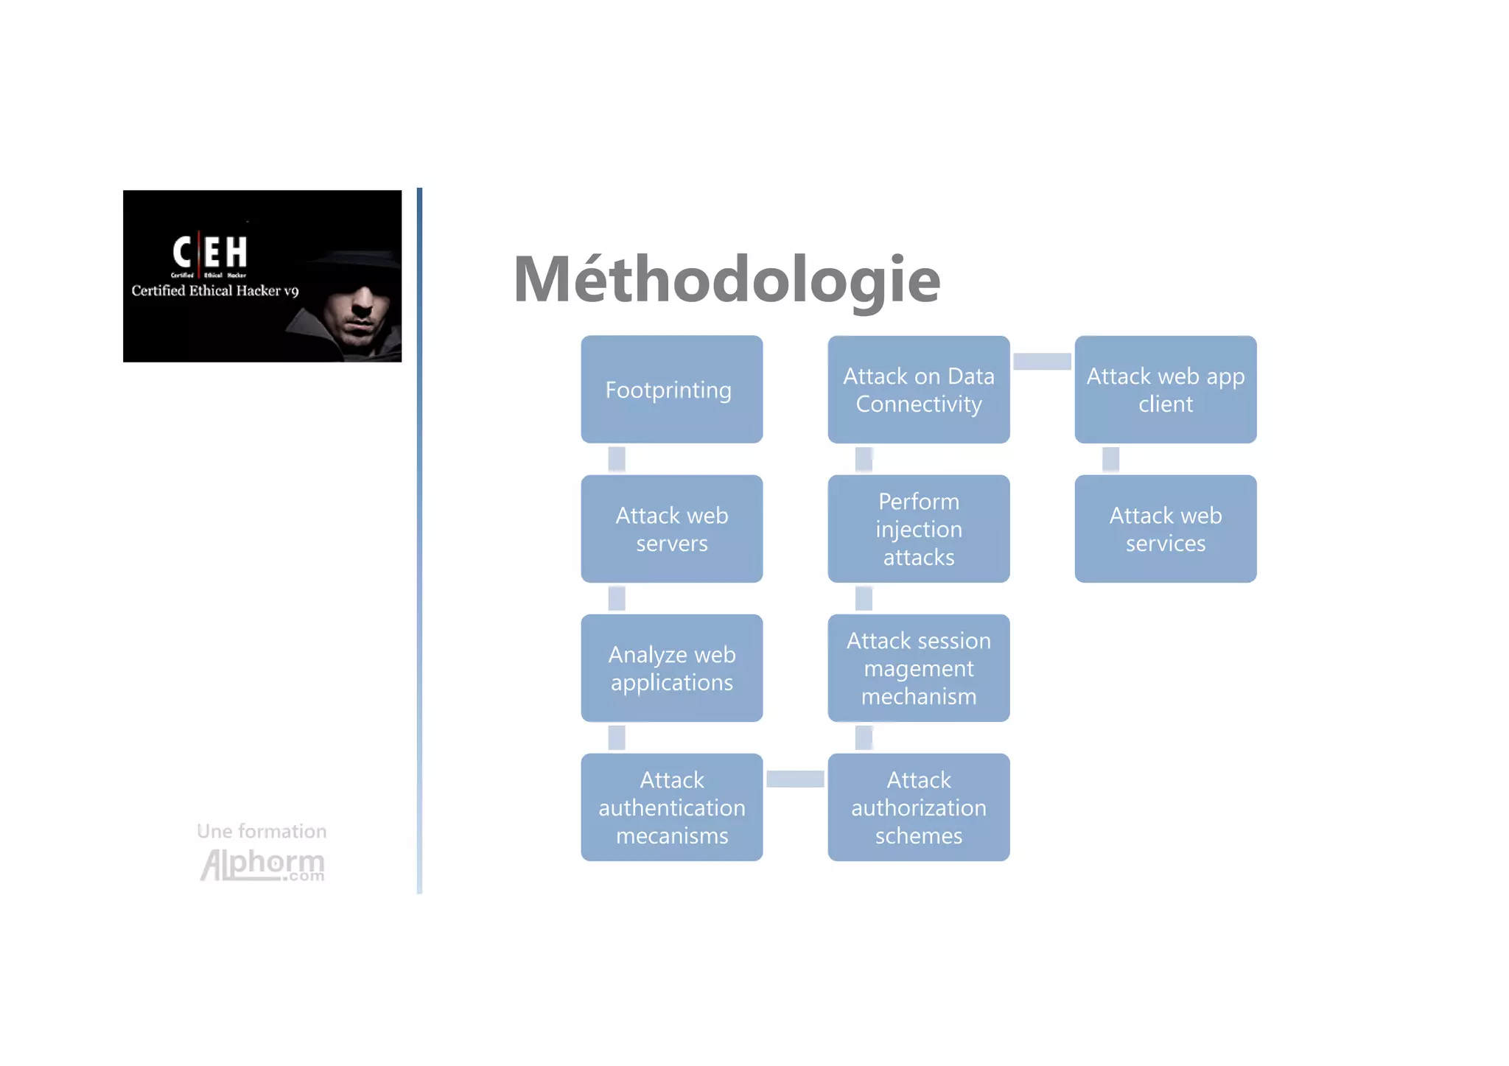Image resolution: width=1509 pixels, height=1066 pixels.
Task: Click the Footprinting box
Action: click(671, 389)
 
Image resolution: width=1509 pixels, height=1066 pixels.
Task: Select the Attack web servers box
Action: click(671, 528)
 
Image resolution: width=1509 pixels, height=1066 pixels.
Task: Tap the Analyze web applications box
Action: click(671, 667)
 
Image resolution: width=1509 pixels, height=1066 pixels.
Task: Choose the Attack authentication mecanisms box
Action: click(671, 807)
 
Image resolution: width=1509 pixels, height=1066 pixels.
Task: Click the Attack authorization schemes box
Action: click(918, 807)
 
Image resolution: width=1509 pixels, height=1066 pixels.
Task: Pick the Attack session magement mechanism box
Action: click(918, 667)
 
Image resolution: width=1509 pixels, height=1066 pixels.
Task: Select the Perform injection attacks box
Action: click(918, 528)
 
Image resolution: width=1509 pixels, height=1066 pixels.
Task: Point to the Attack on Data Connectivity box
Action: click(918, 389)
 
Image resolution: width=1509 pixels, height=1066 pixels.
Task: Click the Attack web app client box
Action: click(1165, 389)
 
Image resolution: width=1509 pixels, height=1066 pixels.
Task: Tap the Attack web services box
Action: click(1165, 528)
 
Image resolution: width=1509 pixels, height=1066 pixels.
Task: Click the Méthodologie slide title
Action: click(727, 279)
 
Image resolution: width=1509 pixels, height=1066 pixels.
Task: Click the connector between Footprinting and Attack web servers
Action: click(617, 459)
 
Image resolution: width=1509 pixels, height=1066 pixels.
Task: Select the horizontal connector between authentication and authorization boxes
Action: click(795, 779)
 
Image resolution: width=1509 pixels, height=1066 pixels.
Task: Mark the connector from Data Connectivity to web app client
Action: click(1042, 361)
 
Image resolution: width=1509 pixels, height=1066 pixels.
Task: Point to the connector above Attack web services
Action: click(1110, 459)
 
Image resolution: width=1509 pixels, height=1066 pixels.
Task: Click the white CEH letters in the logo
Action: click(210, 252)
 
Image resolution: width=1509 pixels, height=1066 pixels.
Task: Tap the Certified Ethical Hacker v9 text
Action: click(214, 291)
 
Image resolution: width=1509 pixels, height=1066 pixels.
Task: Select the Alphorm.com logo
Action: click(263, 864)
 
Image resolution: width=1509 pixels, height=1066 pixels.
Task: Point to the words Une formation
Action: click(262, 831)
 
